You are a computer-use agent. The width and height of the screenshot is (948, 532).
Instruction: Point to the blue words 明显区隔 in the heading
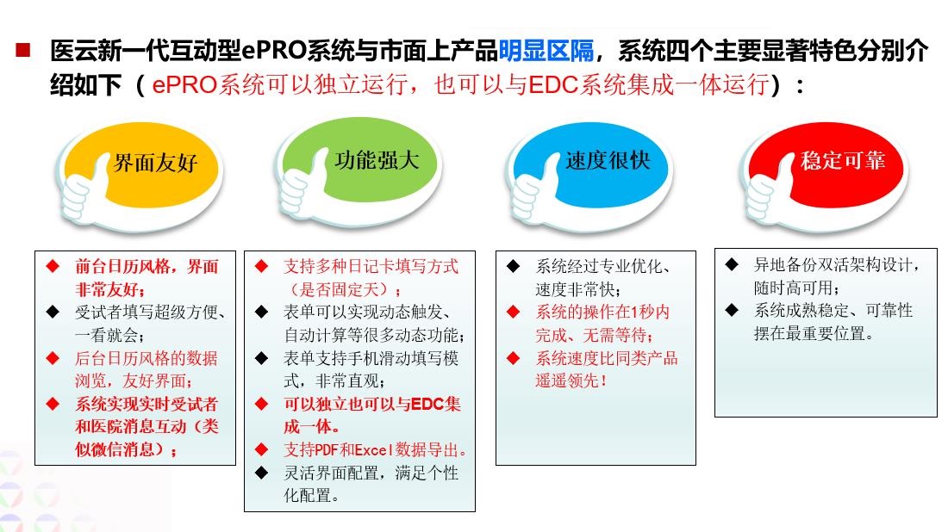click(x=546, y=52)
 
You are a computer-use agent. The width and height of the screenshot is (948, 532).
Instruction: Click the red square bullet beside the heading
click(x=22, y=49)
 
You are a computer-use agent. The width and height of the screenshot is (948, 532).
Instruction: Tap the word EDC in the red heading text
click(x=552, y=87)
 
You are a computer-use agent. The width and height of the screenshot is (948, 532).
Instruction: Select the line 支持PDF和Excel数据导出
click(x=375, y=449)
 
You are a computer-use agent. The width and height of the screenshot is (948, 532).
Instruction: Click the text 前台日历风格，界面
click(x=147, y=267)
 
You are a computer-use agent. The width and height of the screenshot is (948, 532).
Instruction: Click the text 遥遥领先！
click(x=571, y=380)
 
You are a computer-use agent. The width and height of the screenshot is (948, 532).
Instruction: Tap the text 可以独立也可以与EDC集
click(x=372, y=404)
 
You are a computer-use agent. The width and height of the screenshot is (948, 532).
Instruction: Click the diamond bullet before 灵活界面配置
click(x=262, y=472)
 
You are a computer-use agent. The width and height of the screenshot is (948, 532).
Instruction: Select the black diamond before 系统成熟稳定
click(x=732, y=310)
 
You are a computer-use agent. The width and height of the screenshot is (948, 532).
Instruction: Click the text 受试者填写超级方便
click(x=147, y=312)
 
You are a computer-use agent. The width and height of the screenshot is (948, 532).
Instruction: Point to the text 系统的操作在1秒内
click(x=602, y=312)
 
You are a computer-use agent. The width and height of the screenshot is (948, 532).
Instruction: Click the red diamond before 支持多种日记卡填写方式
click(x=262, y=266)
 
